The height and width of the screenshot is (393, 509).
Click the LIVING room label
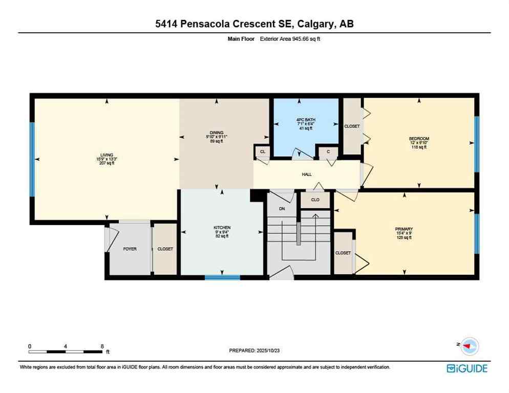[x=107, y=155]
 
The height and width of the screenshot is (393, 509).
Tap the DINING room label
[x=216, y=133]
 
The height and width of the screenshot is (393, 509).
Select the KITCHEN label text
[x=222, y=228]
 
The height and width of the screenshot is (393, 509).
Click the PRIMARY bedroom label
[x=404, y=229]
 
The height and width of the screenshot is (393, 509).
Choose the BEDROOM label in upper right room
[x=418, y=139]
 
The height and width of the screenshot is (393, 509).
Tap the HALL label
[x=306, y=174]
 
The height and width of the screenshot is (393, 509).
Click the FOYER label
[x=130, y=249]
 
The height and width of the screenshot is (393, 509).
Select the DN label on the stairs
[x=281, y=209]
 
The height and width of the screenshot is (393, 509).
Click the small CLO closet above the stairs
[x=315, y=200]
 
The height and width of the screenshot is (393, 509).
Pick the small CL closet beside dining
[x=262, y=151]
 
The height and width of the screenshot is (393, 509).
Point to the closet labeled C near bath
[x=328, y=151]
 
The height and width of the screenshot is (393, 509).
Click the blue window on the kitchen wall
[x=222, y=277]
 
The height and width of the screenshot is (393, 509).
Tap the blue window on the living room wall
[x=32, y=159]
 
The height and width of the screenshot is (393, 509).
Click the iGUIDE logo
[x=466, y=368]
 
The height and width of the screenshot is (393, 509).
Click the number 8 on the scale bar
[x=102, y=346]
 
